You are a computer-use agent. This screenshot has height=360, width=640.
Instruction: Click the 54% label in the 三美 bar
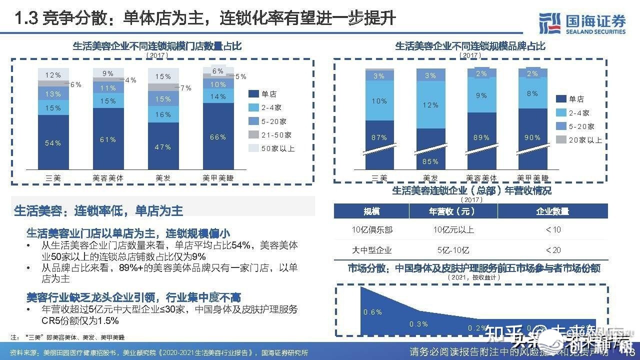click(x=53, y=143)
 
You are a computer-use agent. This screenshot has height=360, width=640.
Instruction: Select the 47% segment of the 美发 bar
click(x=163, y=147)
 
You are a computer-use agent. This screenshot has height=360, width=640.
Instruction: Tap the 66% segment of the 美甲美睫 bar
click(x=218, y=137)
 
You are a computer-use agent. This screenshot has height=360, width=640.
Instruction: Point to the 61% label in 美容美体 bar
click(x=108, y=139)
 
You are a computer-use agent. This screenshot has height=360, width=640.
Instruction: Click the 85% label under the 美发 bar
click(x=430, y=161)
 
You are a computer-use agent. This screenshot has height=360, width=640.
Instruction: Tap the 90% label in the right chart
click(x=532, y=137)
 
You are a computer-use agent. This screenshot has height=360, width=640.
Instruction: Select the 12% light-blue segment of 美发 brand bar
click(x=430, y=105)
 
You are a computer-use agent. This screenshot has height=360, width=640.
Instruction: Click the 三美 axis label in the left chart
click(x=53, y=177)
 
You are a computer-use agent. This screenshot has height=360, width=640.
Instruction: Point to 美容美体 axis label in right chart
click(x=481, y=177)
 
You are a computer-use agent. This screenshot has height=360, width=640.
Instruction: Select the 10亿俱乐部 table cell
click(x=372, y=230)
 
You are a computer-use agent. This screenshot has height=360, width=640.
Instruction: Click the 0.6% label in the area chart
click(x=372, y=312)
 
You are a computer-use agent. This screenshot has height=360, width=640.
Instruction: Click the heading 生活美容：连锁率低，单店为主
click(x=99, y=210)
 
